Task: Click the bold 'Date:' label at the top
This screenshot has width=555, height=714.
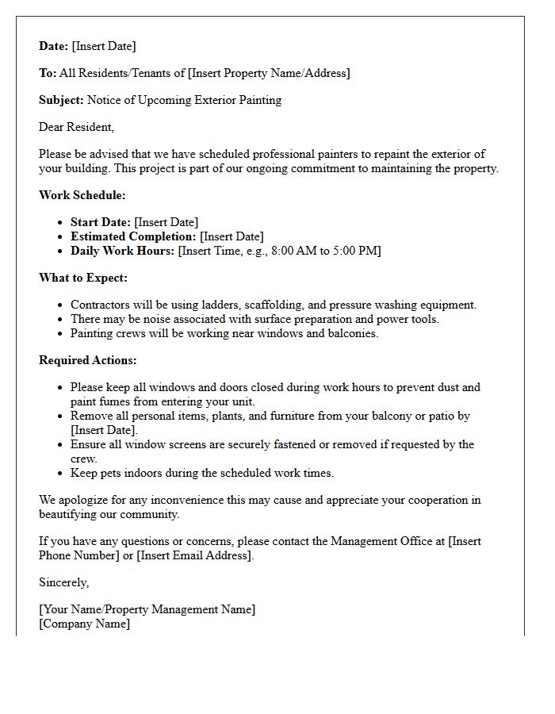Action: pyautogui.click(x=54, y=46)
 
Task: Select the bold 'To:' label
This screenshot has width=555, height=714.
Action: pyautogui.click(x=48, y=73)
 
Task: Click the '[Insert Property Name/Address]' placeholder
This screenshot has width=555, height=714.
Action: pyautogui.click(x=268, y=73)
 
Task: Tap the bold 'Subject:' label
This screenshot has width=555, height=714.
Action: pyautogui.click(x=61, y=100)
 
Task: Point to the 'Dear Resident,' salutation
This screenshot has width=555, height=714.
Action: pyautogui.click(x=76, y=127)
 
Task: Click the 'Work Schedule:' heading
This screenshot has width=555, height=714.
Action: pyautogui.click(x=82, y=195)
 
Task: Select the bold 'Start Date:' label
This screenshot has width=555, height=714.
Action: pyautogui.click(x=101, y=222)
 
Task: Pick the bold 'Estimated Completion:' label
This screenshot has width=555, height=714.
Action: pyautogui.click(x=133, y=236)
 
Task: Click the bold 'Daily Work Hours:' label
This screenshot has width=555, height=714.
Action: pyautogui.click(x=122, y=251)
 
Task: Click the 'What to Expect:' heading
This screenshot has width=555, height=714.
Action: pyautogui.click(x=82, y=278)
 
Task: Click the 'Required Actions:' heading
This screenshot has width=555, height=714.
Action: pyautogui.click(x=87, y=360)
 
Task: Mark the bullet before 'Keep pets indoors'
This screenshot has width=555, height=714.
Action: pyautogui.click(x=61, y=474)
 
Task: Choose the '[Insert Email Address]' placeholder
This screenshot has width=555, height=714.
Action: pyautogui.click(x=195, y=555)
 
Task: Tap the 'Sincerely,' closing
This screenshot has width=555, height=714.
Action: pyautogui.click(x=63, y=582)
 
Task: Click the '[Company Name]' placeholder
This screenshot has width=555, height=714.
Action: pyautogui.click(x=84, y=624)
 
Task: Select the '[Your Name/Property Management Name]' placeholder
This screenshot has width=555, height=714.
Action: pyautogui.click(x=147, y=609)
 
